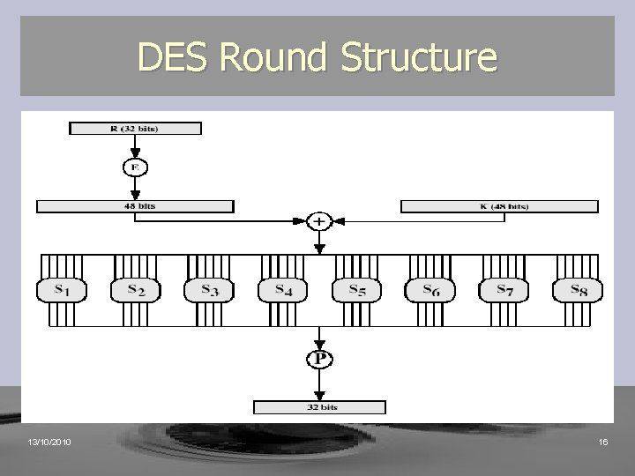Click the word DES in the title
175,58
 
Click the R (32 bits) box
135,128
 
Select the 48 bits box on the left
135,206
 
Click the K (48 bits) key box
499,206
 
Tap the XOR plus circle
318,221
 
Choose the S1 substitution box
59,289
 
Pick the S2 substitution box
133,289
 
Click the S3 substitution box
207,289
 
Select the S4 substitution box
281,289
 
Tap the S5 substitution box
355,289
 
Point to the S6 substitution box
430,289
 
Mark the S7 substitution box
504,289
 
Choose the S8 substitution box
578,289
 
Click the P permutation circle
318,360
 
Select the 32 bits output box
318,406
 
